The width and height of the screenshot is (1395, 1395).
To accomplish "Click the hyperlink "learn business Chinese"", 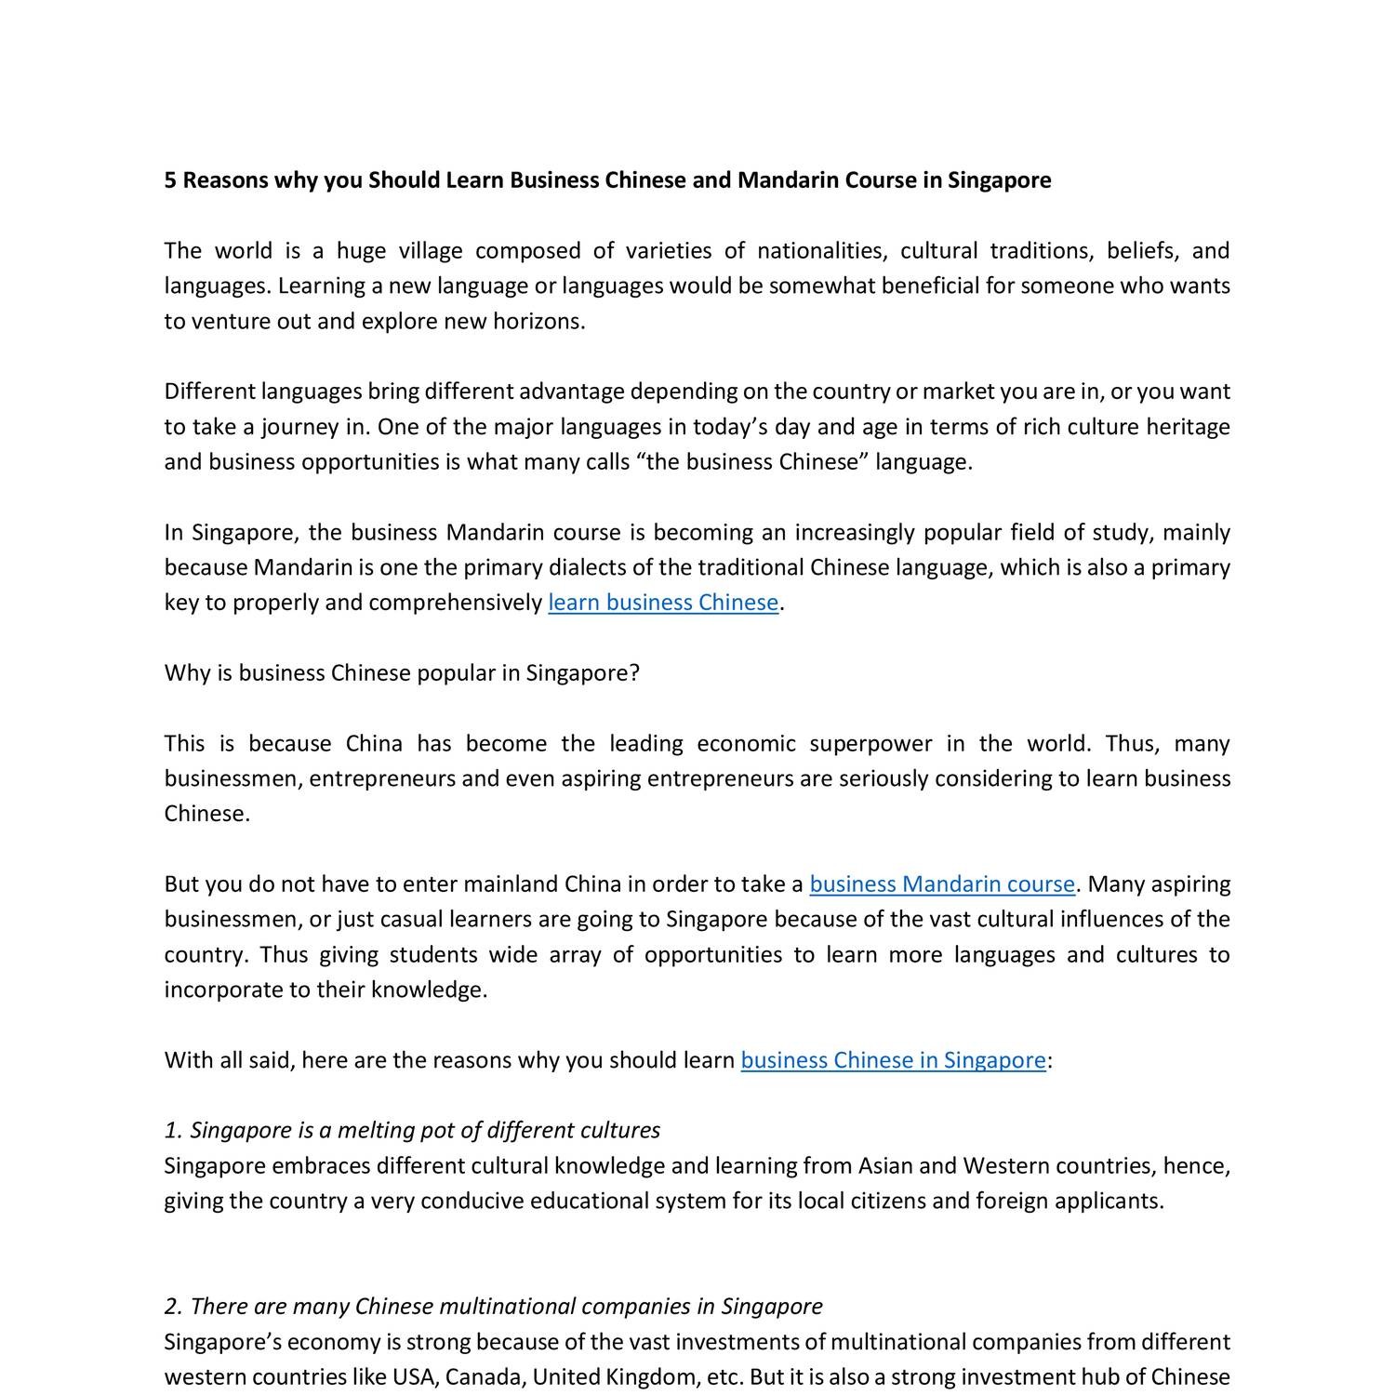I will (663, 603).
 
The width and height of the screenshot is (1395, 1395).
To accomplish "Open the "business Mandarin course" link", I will (941, 883).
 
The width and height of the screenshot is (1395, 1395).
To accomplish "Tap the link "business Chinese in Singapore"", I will (893, 1060).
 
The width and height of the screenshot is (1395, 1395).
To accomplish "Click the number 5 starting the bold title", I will (170, 179).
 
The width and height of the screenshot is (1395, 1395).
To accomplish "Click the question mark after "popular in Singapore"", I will (634, 673).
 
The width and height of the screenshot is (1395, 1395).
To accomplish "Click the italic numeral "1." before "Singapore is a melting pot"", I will (174, 1131).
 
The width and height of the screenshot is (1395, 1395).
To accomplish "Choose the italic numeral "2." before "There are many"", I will (174, 1307).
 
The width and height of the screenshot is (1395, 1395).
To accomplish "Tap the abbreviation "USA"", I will (414, 1377).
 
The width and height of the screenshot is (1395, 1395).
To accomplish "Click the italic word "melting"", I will (373, 1131).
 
